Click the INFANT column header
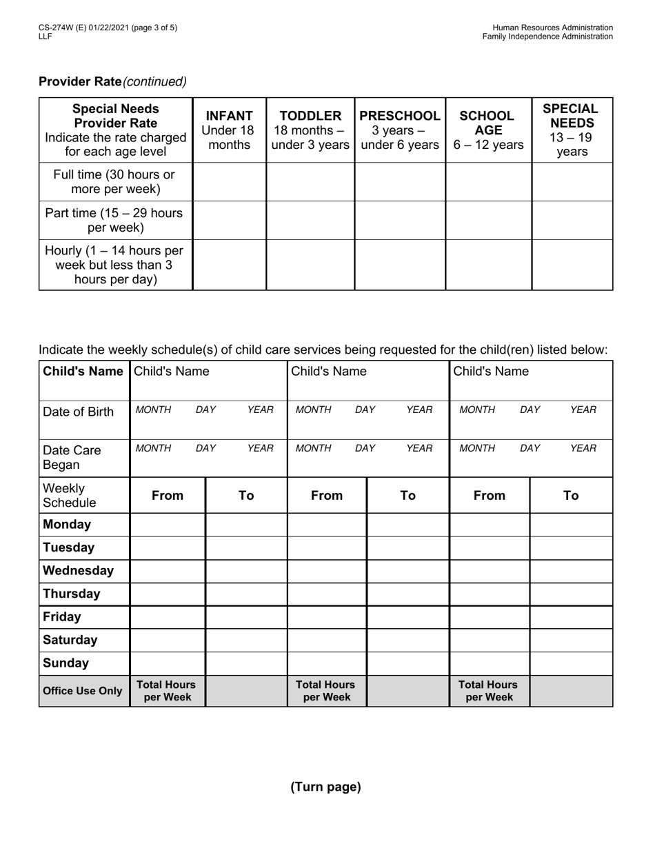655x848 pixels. click(x=229, y=130)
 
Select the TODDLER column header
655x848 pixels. click(x=310, y=130)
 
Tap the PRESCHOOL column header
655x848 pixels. click(x=400, y=130)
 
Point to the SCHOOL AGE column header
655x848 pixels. click(x=488, y=130)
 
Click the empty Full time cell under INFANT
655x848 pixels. click(x=229, y=182)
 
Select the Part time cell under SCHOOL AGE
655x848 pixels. click(x=488, y=220)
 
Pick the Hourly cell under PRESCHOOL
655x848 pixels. click(x=400, y=264)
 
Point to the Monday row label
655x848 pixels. click(x=67, y=524)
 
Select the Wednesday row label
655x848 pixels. click(x=78, y=570)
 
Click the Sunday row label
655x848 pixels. click(x=66, y=663)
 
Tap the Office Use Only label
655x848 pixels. click(x=83, y=691)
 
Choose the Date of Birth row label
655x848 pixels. click(x=78, y=412)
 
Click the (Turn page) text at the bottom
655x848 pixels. click(x=325, y=787)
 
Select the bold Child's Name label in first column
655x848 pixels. click(x=83, y=372)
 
